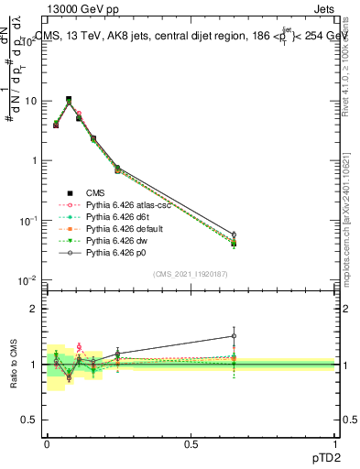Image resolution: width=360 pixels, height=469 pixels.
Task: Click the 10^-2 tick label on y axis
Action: pos(27,280)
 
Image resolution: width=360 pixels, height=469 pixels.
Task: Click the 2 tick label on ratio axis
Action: pos(34,309)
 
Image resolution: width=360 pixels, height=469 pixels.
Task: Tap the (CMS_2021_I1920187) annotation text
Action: pos(190,273)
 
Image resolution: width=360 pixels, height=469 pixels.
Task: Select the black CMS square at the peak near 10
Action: pos(69,100)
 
